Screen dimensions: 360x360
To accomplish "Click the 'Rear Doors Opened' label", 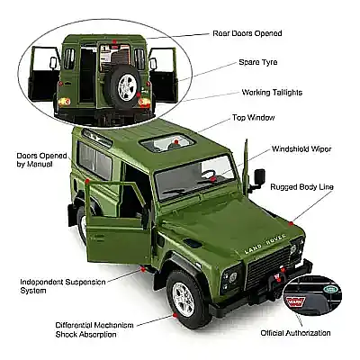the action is tap(247, 33).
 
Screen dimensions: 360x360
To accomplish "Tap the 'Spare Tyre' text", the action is tap(258, 62).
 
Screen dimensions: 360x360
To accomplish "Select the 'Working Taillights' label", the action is tap(272, 93).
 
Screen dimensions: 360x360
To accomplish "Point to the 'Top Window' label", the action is tap(254, 118).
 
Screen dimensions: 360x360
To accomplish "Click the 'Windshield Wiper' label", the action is tap(301, 148).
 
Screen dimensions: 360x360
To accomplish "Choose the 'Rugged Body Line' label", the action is tap(301, 187).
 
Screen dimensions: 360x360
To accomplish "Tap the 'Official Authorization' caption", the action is tap(295, 333).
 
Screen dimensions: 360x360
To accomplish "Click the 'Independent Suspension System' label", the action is tap(63, 286).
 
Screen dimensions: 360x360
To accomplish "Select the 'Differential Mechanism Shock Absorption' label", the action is tap(94, 329).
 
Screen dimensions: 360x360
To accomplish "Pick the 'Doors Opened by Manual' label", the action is tap(41, 160).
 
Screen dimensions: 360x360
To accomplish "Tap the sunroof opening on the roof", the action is tap(169, 142).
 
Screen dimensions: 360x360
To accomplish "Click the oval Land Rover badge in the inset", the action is tap(330, 290).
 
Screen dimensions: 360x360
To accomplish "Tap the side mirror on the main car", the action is tap(260, 175).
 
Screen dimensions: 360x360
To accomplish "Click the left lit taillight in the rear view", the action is tap(64, 102).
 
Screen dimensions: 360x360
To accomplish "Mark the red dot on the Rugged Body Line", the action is tap(291, 223).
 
